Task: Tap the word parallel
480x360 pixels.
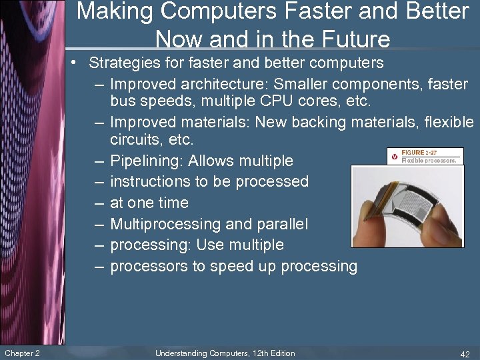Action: coord(282,224)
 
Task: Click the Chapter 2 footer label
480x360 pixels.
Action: coord(22,353)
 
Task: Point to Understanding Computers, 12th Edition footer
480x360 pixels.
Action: coord(225,353)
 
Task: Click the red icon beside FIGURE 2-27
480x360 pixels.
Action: coord(394,156)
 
